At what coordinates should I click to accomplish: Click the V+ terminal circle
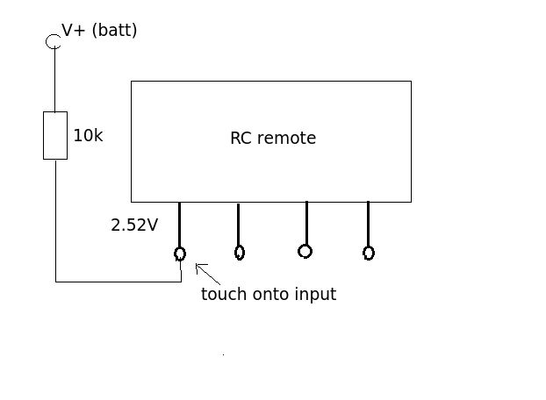[54, 41]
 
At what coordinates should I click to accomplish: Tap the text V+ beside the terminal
[74, 31]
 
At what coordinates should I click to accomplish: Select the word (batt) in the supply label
[114, 31]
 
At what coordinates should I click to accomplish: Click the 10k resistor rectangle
[55, 135]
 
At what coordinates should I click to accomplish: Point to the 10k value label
[88, 136]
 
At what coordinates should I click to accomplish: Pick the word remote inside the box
[286, 139]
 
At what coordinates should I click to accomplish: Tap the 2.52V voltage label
[134, 225]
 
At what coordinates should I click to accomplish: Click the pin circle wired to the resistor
[180, 254]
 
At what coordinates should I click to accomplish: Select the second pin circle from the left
[240, 253]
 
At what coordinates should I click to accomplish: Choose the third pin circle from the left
[305, 251]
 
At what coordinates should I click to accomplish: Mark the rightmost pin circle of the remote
[369, 253]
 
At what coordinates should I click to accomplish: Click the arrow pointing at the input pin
[207, 273]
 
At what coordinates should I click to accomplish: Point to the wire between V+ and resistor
[54, 79]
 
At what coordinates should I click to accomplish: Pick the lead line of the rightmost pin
[368, 224]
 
